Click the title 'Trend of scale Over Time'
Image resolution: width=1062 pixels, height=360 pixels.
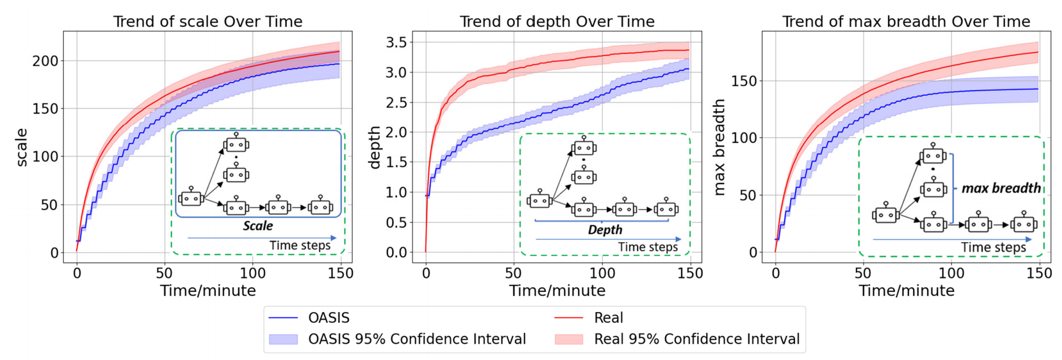(x=208, y=21)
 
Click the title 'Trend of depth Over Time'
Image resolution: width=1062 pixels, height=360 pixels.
(x=557, y=21)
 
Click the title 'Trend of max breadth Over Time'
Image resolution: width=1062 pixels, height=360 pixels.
(x=906, y=21)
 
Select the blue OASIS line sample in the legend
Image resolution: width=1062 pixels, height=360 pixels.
(x=283, y=318)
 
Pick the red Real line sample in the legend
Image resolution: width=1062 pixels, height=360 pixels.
(x=568, y=318)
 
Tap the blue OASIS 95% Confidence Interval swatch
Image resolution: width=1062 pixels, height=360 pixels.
(x=283, y=339)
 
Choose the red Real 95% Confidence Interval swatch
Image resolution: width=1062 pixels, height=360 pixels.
(x=568, y=339)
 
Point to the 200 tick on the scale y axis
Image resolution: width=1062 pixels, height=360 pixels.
(x=45, y=61)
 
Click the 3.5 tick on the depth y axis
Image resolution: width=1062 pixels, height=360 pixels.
(x=396, y=42)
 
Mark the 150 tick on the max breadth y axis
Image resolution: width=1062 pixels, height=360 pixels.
(x=744, y=81)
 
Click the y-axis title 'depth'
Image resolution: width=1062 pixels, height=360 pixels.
(x=375, y=148)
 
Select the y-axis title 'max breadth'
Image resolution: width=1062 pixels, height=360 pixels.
(x=720, y=148)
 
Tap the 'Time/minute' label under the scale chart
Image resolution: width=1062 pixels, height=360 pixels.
(x=208, y=291)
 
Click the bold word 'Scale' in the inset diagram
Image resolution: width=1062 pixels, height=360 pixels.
(x=258, y=226)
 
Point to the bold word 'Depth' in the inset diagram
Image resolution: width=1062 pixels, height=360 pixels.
(x=605, y=230)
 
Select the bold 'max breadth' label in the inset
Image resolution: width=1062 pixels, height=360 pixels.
(x=1001, y=188)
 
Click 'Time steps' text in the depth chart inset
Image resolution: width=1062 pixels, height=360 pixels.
(x=648, y=247)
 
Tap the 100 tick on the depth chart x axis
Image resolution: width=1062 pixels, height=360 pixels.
(x=602, y=273)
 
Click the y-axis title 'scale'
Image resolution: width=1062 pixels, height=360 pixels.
(x=22, y=148)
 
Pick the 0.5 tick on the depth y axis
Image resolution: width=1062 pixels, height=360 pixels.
(x=396, y=222)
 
